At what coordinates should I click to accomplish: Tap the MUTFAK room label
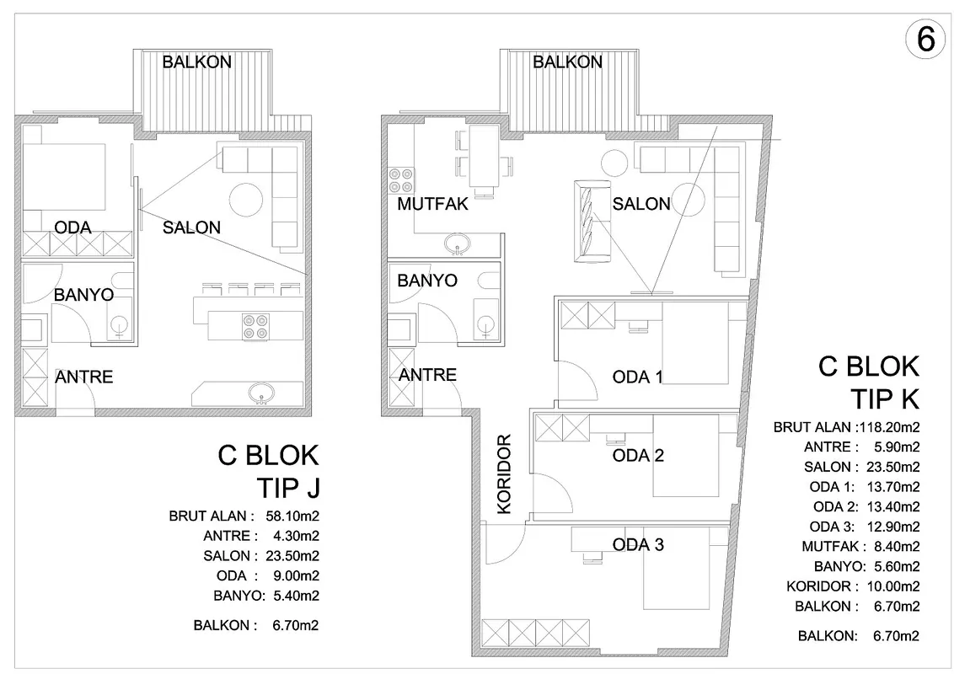point(432,204)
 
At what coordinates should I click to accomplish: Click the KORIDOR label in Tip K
point(504,473)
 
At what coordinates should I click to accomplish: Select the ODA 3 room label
point(638,544)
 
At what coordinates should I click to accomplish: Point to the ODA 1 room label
point(638,377)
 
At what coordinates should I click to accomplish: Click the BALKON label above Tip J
point(196,62)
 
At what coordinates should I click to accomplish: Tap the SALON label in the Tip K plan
point(641,204)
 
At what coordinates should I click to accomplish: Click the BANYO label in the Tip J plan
point(84,295)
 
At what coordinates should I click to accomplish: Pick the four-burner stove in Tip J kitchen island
point(255,325)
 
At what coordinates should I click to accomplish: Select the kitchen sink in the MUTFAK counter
point(457,244)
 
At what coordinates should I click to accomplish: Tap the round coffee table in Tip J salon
point(246,199)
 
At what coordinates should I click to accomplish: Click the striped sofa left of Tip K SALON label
point(592,222)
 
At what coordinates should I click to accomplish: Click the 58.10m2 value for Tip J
point(292,516)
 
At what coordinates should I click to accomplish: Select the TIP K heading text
point(885,399)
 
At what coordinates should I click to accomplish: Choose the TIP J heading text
point(287,488)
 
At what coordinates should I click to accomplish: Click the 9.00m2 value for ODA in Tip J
point(296,575)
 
